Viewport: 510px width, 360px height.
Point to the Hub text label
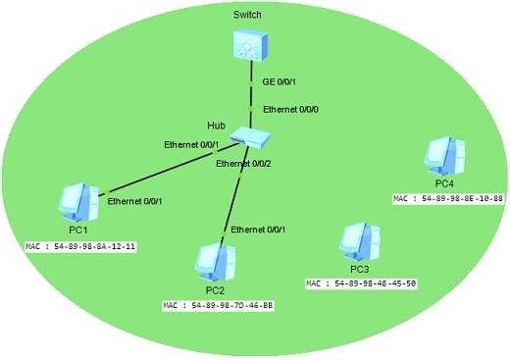tap(216, 127)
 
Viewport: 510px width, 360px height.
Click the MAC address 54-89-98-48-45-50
tap(362, 283)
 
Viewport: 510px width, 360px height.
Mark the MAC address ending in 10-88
tap(448, 198)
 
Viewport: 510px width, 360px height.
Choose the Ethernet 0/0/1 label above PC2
tap(261, 229)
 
